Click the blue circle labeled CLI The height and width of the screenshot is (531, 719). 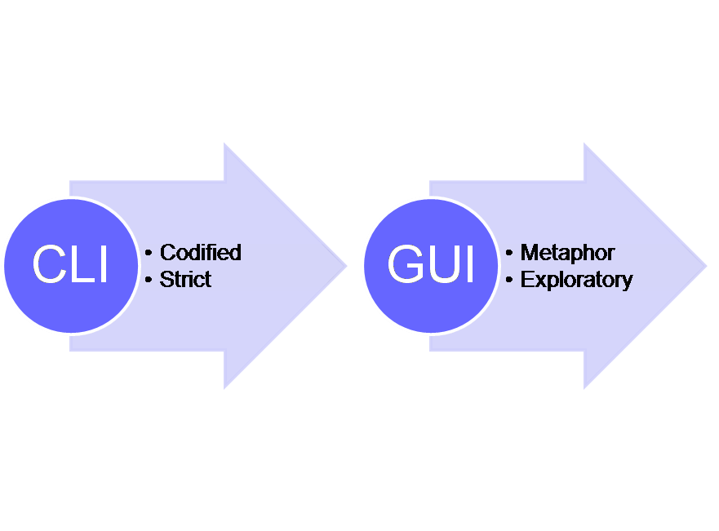click(70, 265)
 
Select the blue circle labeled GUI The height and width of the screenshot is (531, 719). click(430, 265)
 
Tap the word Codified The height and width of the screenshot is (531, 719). click(201, 253)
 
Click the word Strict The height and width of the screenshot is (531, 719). click(185, 280)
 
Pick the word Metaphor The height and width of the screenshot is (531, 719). click(567, 253)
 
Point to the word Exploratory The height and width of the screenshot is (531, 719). click(576, 280)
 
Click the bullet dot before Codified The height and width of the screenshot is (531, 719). click(149, 253)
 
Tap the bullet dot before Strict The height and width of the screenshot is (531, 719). click(149, 280)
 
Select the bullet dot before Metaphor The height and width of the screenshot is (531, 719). click(509, 253)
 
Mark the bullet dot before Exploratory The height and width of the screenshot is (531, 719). click(509, 280)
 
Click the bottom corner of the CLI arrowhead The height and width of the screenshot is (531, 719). click(224, 387)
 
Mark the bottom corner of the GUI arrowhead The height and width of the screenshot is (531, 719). click(584, 387)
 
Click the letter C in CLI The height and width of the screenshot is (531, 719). click(47, 265)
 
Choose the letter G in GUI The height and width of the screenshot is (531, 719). click(405, 265)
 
